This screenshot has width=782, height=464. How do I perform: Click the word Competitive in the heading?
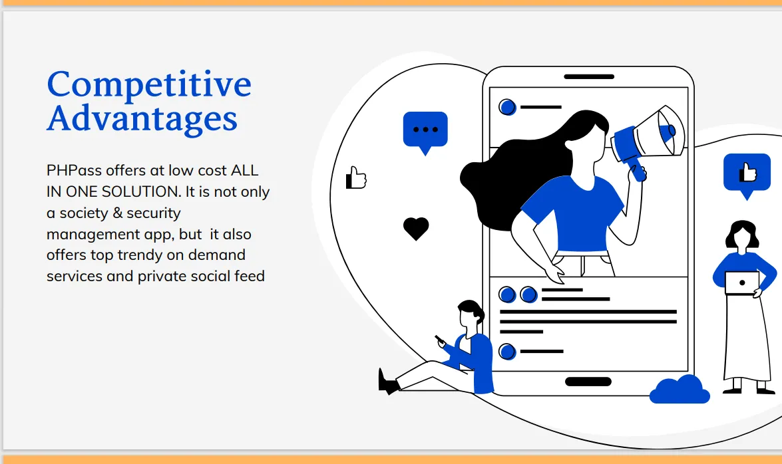(149, 84)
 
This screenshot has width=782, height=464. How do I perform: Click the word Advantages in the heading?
(142, 118)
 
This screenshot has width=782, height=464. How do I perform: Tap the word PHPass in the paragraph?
(74, 170)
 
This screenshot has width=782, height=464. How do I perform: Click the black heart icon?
(416, 229)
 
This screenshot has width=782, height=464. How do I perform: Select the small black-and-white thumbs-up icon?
(356, 177)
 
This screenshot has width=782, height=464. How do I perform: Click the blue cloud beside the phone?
(680, 390)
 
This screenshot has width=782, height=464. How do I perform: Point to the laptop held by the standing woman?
(741, 283)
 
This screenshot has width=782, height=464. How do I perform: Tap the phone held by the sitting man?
(439, 340)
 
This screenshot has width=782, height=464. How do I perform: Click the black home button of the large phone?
(588, 382)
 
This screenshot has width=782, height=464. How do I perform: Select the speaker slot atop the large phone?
(589, 76)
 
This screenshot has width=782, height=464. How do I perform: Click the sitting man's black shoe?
(388, 383)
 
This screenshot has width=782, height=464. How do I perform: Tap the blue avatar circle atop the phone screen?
(507, 107)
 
